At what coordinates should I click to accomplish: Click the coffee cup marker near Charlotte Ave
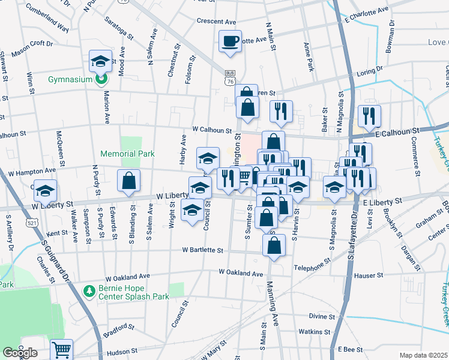coord(230,42)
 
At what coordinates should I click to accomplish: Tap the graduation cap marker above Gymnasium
coord(101,61)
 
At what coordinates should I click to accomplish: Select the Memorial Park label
coord(127,154)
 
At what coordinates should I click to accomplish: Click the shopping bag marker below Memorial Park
coord(128,181)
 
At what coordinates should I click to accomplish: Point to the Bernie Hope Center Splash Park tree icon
coord(89,291)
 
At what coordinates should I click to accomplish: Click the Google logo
coord(20,353)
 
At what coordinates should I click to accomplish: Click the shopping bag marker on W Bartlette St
coord(274,245)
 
